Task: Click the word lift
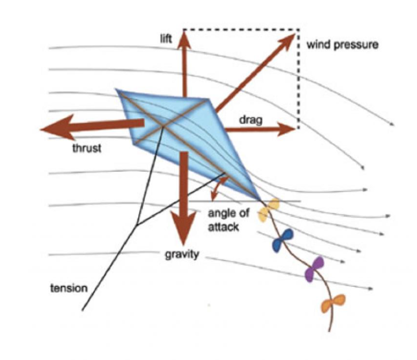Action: (166, 39)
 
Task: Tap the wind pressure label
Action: (343, 45)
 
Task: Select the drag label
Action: (251, 120)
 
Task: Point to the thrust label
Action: (87, 148)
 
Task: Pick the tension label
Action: (69, 288)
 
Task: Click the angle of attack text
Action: (229, 220)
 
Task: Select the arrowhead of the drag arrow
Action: (287, 129)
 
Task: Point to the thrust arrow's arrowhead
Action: (57, 127)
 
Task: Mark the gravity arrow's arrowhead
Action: (183, 229)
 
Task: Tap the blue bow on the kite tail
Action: (283, 240)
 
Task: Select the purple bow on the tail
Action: (315, 269)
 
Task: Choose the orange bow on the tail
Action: (333, 303)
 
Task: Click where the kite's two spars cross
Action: (163, 127)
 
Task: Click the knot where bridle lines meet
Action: (137, 225)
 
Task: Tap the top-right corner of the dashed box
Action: (299, 29)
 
